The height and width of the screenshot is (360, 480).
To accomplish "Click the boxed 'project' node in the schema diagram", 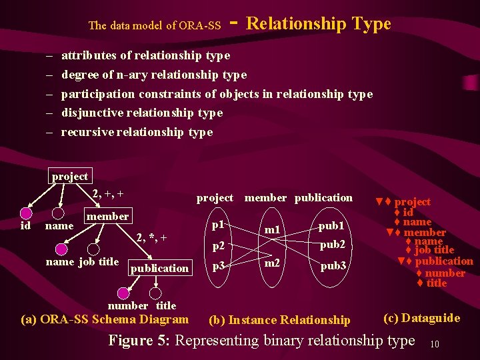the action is (x=70, y=177).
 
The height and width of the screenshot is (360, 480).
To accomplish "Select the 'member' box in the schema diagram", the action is (x=107, y=216).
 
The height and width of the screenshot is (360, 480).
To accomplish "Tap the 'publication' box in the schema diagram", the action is (x=159, y=268).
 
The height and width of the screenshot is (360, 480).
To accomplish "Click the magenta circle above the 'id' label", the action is (x=25, y=213).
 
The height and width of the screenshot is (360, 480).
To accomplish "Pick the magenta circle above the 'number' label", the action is (x=123, y=293).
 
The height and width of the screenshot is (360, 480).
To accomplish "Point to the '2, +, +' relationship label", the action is (x=108, y=194).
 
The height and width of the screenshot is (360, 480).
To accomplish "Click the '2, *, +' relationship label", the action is (x=151, y=237).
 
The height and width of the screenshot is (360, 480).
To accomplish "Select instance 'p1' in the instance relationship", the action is (x=217, y=225).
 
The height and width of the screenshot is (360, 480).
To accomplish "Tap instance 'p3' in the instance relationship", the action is (x=217, y=266).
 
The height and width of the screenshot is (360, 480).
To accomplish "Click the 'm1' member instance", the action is (x=272, y=230).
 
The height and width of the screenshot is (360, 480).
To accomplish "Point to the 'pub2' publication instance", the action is (x=332, y=245).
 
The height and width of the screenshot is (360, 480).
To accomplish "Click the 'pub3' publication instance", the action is (x=332, y=265).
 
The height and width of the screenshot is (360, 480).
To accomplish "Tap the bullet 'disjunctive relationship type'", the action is (x=141, y=113).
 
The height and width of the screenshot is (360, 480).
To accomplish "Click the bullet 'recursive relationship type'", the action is (x=137, y=132).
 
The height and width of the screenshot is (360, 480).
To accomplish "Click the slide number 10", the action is (x=434, y=344).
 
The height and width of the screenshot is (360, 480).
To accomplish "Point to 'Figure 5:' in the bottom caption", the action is (x=139, y=341).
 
